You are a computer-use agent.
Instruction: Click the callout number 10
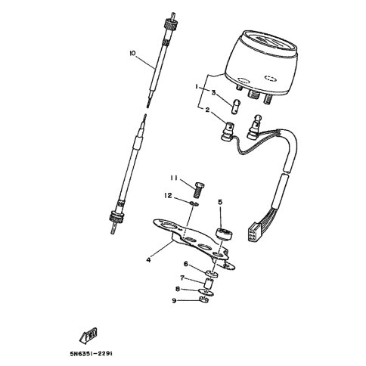pos(132,54)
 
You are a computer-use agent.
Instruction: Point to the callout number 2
pos(206,110)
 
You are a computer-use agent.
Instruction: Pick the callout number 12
pos(171,195)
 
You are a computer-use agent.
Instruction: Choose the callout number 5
pos(220,202)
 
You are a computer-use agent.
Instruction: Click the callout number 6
pos(185,264)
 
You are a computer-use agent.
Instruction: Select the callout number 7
pos(182,277)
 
